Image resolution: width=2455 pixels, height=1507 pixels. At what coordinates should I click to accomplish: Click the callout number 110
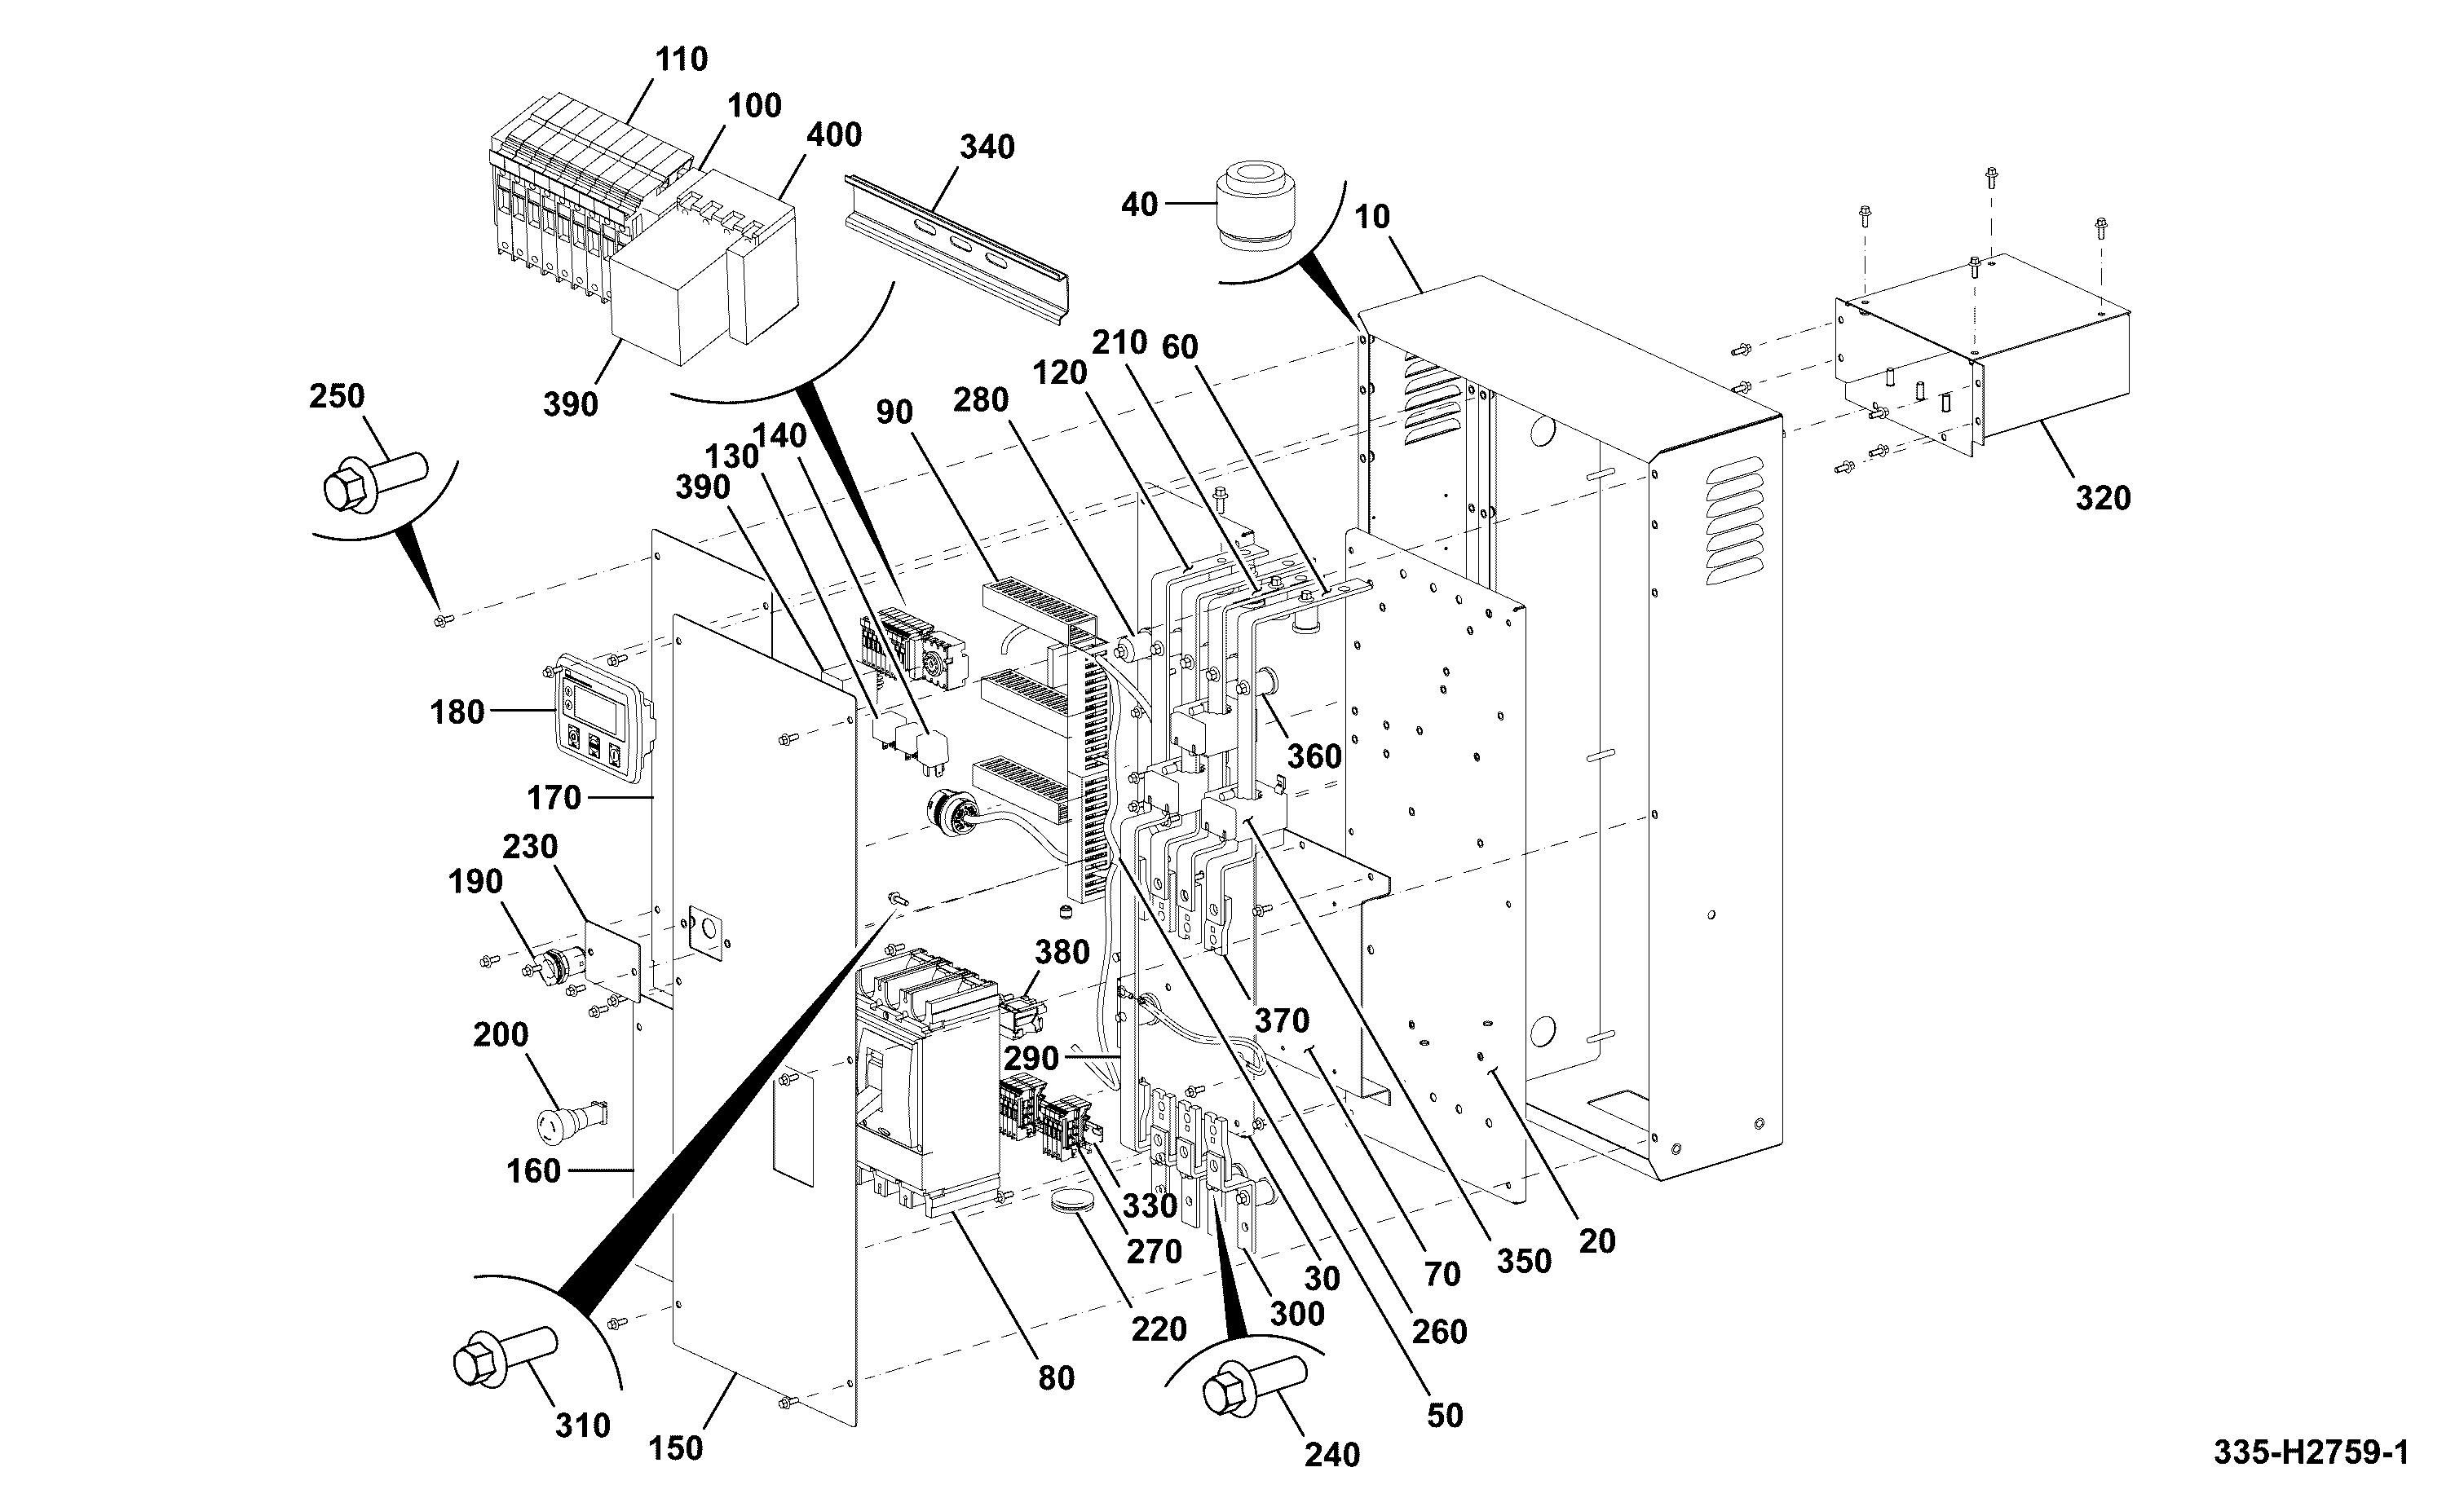coord(682,59)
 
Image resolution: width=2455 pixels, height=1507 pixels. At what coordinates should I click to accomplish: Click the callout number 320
coord(2103,497)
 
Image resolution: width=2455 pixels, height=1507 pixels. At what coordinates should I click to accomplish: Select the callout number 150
coord(676,1448)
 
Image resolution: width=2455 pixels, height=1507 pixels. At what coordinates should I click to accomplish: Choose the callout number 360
coord(1314,756)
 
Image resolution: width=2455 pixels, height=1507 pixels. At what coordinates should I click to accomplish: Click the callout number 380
coord(1062,952)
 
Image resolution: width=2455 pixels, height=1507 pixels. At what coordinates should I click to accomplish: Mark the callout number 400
coord(833,134)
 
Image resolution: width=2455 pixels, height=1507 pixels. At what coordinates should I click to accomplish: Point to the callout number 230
coord(529,846)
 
